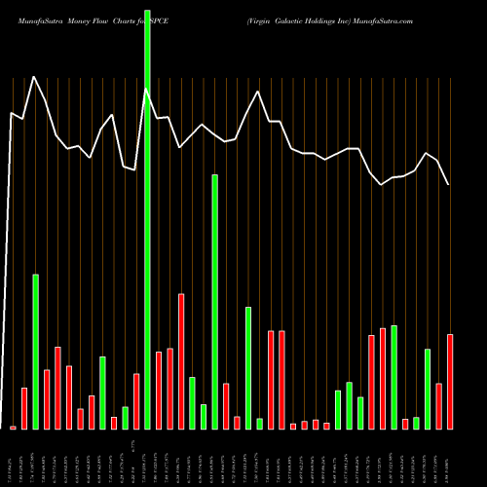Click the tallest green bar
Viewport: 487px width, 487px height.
pos(147,214)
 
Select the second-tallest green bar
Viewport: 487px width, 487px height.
pos(214,302)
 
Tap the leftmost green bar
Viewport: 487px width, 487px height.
pos(35,352)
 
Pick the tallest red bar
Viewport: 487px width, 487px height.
pos(181,361)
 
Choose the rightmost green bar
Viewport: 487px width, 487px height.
pos(428,389)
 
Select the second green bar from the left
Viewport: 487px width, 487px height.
pos(102,393)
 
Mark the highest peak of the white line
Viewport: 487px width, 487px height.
pos(35,77)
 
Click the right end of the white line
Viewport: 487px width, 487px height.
pos(449,184)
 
